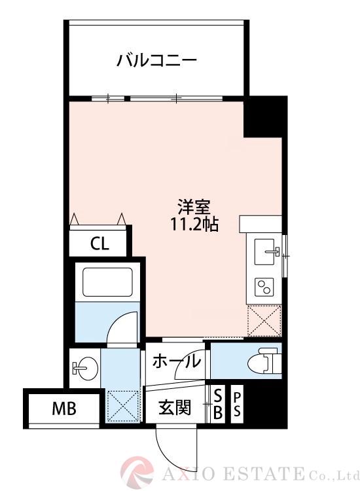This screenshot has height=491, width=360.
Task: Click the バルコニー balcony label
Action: (156, 62)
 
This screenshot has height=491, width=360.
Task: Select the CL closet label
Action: (99, 244)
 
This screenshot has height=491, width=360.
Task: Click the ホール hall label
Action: (175, 361)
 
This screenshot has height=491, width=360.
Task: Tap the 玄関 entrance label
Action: (174, 409)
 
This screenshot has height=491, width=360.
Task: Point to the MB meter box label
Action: (64, 410)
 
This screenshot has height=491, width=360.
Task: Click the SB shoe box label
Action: (217, 404)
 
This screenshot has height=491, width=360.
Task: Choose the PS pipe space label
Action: (237, 404)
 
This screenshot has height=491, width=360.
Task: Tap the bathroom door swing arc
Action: (123, 326)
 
